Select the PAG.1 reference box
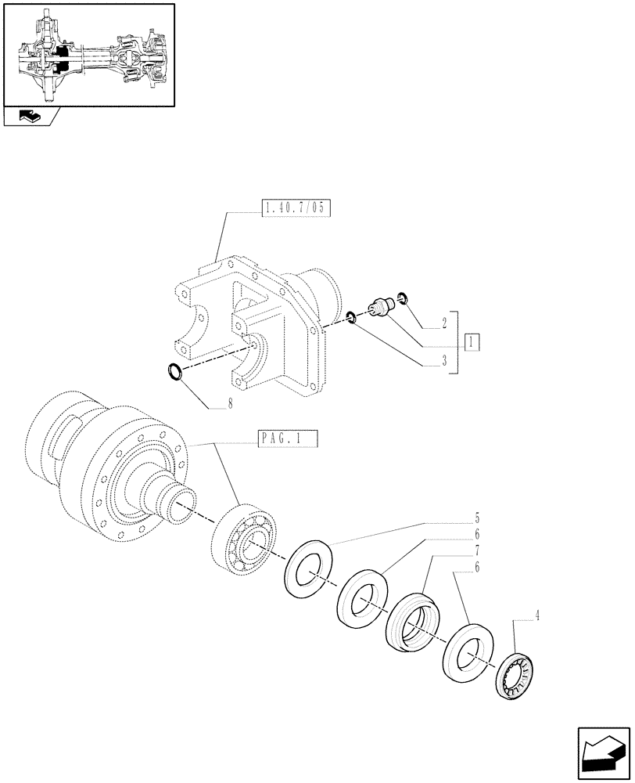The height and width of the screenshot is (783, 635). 288,439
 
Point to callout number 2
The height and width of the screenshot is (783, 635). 443,321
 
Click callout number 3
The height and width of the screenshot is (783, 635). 443,361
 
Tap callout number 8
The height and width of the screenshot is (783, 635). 229,406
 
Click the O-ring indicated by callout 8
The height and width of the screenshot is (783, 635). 178,371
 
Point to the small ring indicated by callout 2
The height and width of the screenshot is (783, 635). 403,297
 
